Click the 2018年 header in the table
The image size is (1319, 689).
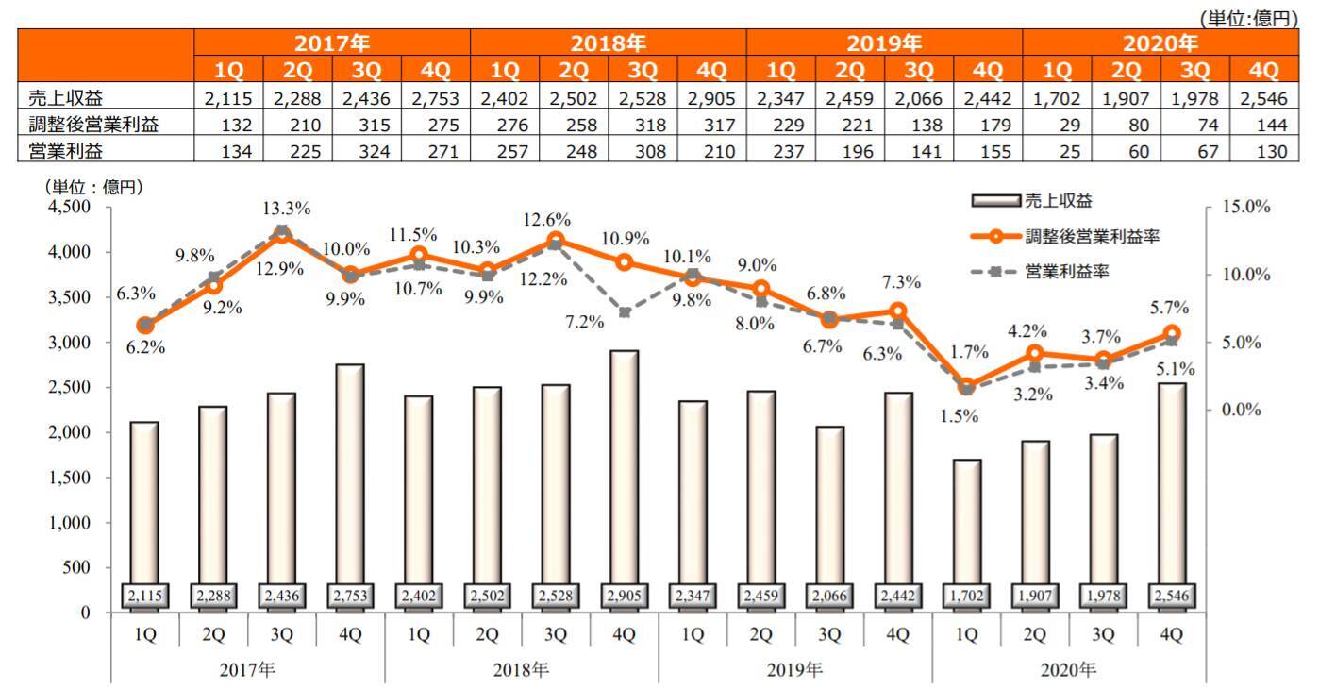point(608,43)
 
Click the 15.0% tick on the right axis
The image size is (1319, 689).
point(1245,208)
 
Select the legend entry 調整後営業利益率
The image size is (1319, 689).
point(1086,237)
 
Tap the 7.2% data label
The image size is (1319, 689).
point(585,322)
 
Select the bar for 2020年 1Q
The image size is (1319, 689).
point(966,534)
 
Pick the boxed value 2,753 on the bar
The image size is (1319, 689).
point(349,597)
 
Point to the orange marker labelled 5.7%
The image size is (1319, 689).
point(1172,333)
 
